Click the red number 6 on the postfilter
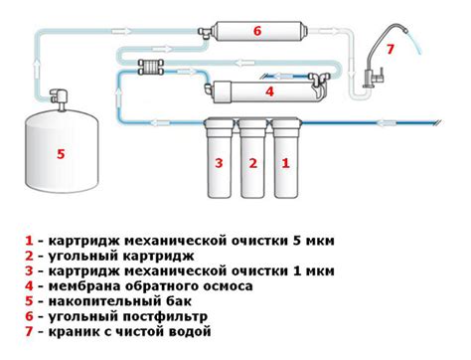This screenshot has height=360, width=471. (x=256, y=31)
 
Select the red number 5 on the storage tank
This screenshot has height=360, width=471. (x=61, y=154)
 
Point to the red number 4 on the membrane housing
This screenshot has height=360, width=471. (x=267, y=91)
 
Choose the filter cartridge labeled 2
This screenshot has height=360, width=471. (x=253, y=163)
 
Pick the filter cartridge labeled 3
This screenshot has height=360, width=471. (x=220, y=163)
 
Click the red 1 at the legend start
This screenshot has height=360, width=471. (x=29, y=240)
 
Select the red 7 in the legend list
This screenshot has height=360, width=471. (x=29, y=332)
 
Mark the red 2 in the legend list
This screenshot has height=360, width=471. (x=29, y=255)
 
